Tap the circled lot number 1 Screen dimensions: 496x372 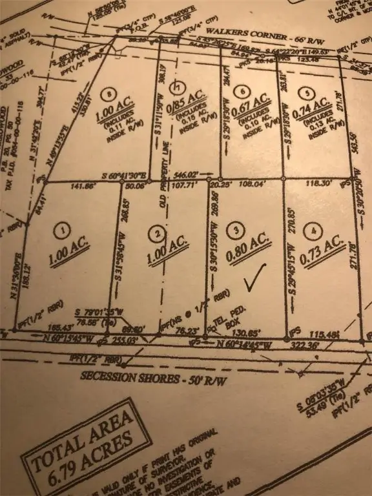(63, 228)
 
